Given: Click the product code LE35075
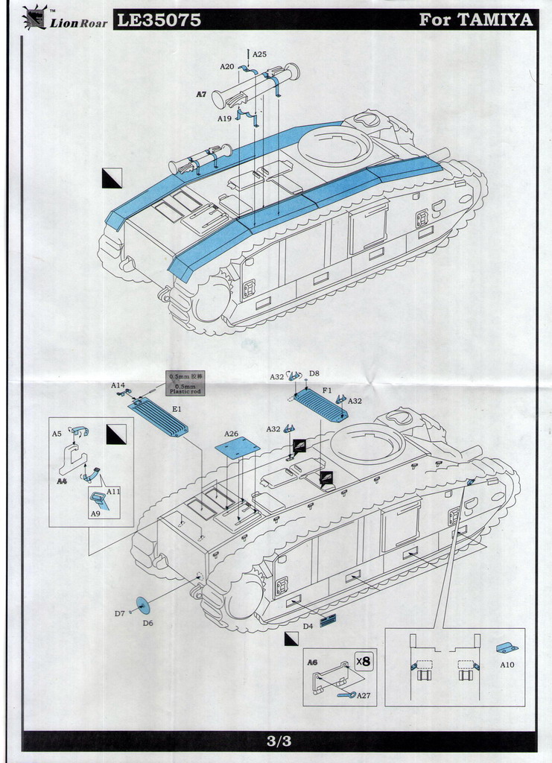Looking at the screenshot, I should click(x=159, y=20).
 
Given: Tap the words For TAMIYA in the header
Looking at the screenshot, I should click(x=476, y=20).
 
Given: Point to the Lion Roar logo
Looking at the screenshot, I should click(x=65, y=18).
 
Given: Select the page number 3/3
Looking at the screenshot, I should click(x=279, y=741).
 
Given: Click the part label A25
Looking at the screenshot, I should click(x=259, y=54).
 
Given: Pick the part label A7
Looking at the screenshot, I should click(x=201, y=95).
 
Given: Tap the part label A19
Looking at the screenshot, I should click(x=224, y=118).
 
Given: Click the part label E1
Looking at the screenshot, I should click(x=177, y=409).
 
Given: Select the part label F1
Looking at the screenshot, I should click(x=327, y=390).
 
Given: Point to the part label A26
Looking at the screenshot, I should click(x=232, y=434).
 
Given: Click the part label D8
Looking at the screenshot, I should click(x=314, y=373).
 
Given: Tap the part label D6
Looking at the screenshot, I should click(x=147, y=622).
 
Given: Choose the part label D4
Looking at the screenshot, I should click(x=308, y=626).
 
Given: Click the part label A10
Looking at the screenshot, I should click(x=507, y=664).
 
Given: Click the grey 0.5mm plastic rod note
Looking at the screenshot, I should click(x=185, y=383).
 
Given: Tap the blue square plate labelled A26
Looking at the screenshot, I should click(x=237, y=448).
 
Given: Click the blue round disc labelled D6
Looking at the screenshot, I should click(x=143, y=606).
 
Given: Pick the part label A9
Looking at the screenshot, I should click(x=95, y=513).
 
